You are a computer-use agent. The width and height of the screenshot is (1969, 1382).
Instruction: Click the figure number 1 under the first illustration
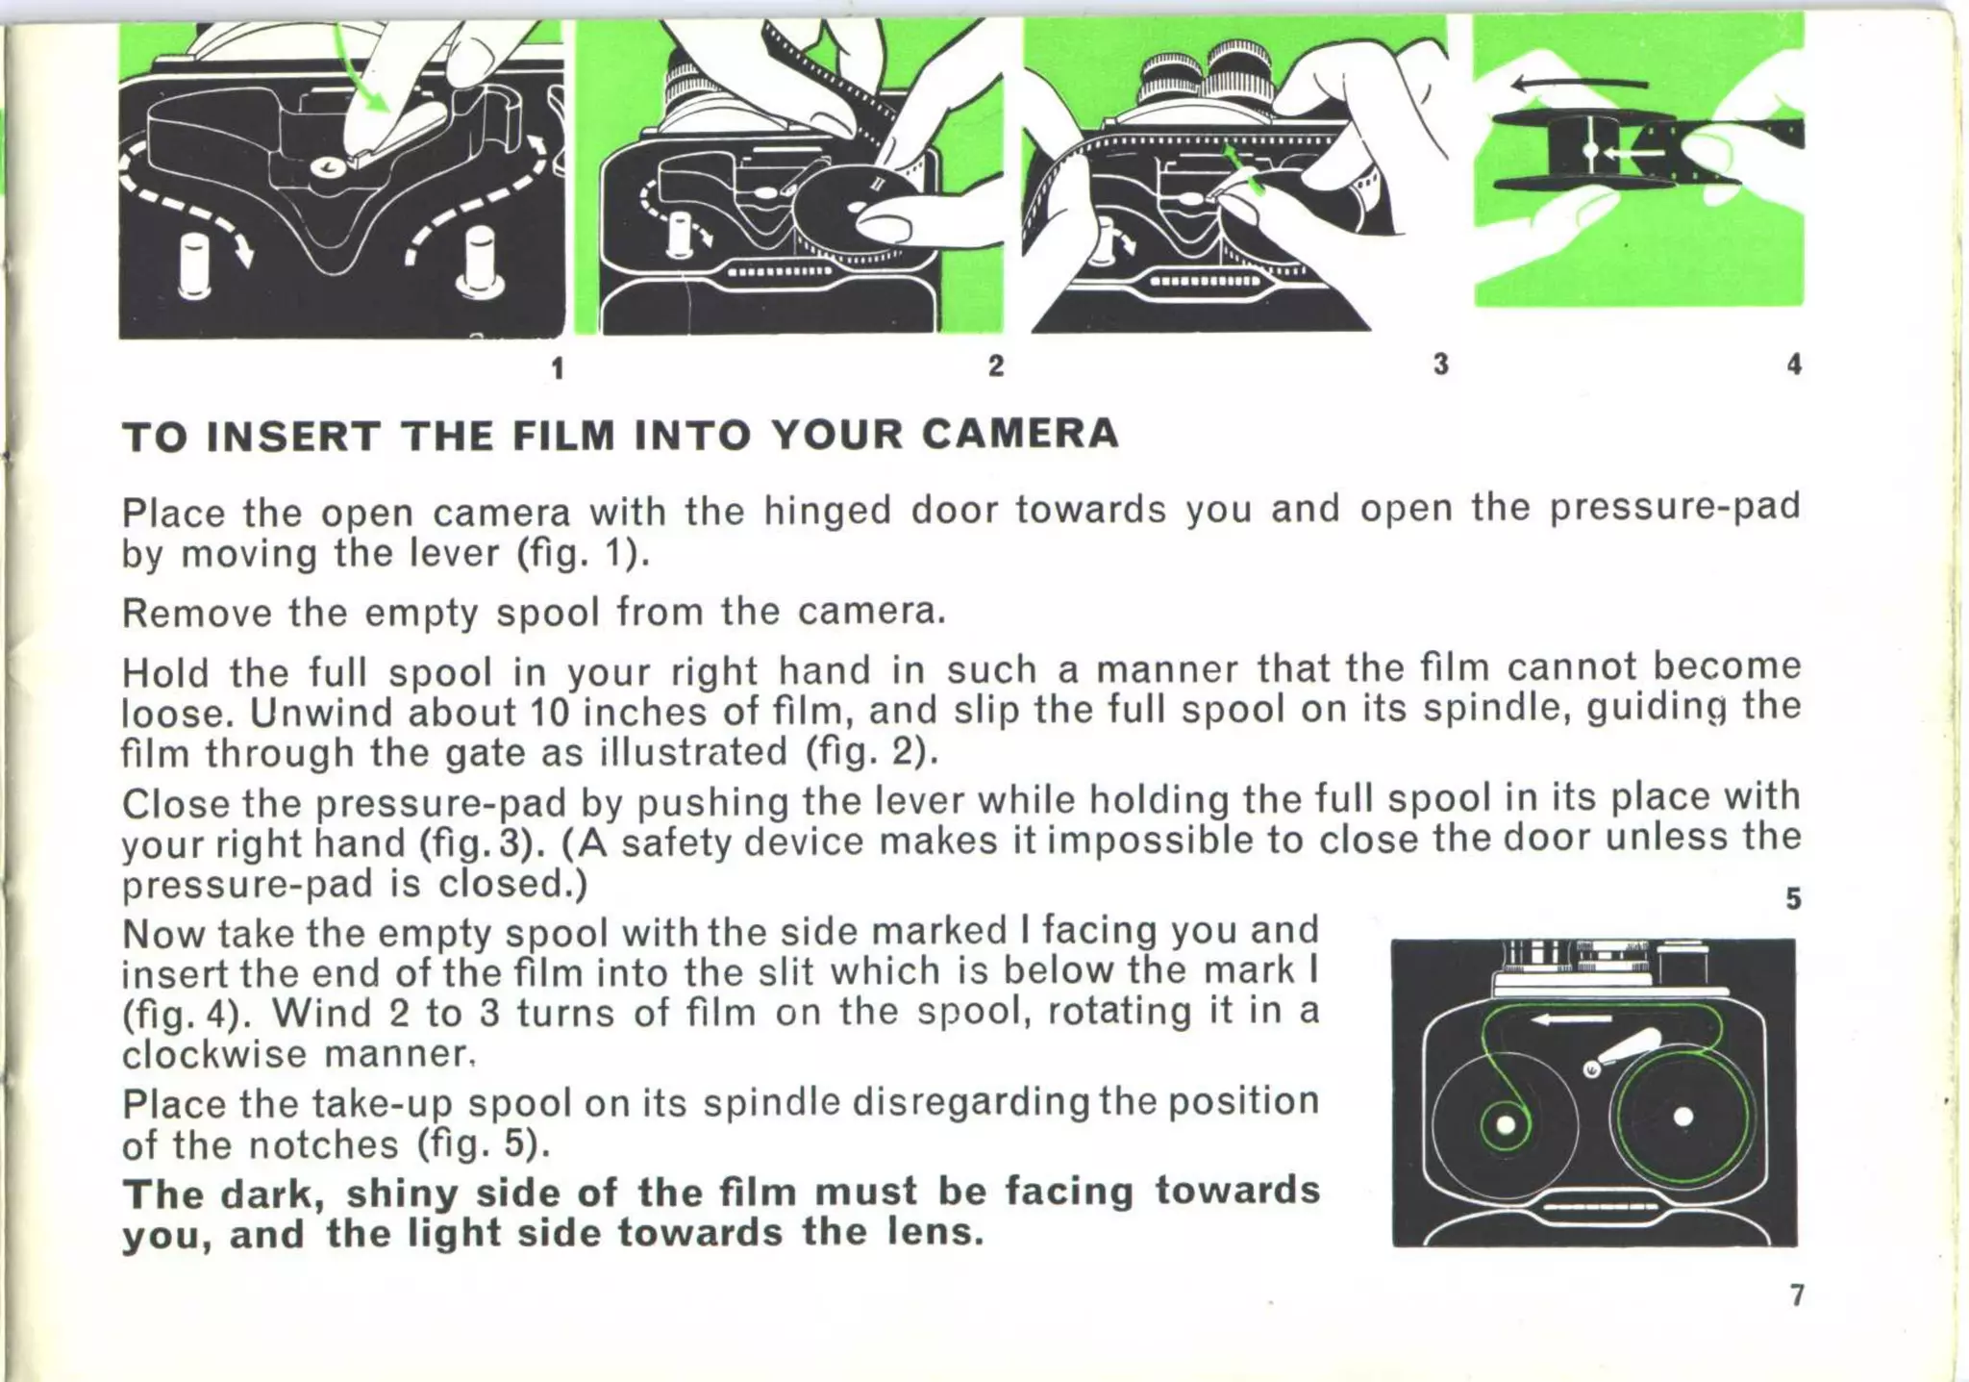(557, 368)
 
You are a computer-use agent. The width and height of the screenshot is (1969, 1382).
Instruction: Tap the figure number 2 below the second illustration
(996, 365)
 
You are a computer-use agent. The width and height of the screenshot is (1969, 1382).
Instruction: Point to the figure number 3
(1440, 364)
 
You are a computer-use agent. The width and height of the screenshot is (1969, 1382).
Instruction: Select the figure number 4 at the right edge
(1794, 364)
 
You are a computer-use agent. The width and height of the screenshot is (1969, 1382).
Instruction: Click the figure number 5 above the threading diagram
(1793, 898)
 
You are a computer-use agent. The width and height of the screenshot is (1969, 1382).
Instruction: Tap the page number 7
(1796, 1295)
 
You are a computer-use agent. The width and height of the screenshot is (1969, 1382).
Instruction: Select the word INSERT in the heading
(293, 437)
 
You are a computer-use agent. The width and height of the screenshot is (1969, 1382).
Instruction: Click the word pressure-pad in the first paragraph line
(1675, 506)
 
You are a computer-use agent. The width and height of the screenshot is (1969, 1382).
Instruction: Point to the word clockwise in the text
(216, 1054)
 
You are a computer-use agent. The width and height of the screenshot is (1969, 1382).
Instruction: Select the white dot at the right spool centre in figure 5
(1682, 1118)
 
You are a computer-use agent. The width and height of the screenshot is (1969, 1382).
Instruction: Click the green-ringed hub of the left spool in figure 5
(1506, 1125)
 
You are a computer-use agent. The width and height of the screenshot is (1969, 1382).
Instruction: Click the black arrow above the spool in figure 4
(1577, 85)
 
